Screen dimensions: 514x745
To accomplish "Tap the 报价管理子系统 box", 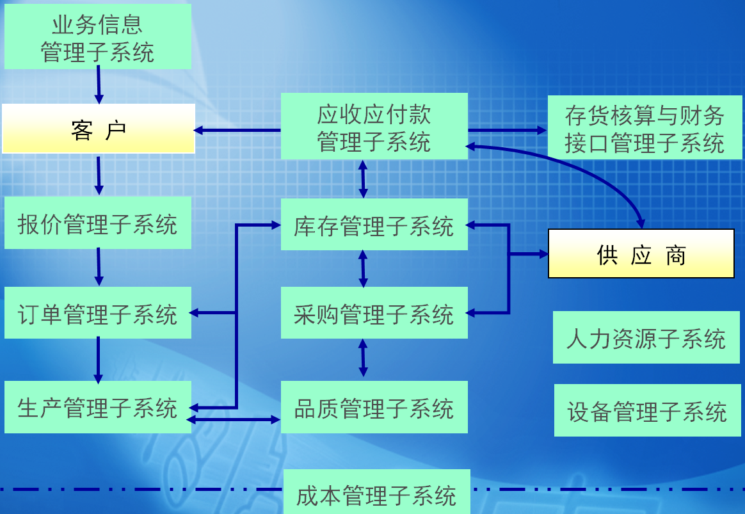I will [98, 223].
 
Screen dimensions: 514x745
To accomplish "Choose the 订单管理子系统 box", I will [98, 313].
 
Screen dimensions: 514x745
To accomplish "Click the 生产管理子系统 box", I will [98, 407].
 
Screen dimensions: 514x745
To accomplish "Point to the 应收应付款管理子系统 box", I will [374, 127].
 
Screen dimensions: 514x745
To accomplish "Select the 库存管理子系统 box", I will [374, 225].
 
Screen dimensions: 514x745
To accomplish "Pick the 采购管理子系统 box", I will [374, 313].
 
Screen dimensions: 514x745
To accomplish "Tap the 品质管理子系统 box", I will [374, 407].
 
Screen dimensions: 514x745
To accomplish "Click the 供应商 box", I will [641, 253].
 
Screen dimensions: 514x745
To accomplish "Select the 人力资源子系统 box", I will [646, 337].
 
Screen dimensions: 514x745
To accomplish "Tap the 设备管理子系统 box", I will [647, 410].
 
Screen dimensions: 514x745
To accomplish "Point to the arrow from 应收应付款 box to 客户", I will [237, 131].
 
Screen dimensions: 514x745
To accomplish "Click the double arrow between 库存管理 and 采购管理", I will [363, 269].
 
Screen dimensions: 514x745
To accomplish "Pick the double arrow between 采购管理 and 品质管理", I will [363, 358].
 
